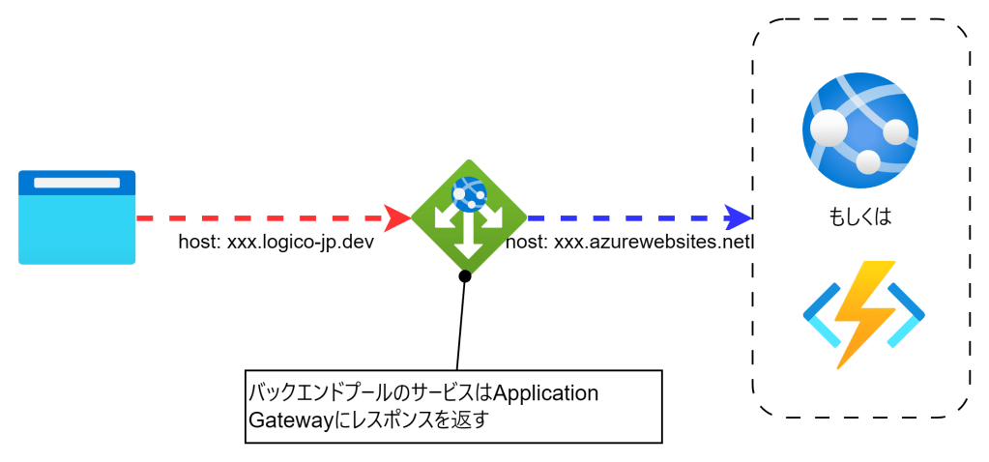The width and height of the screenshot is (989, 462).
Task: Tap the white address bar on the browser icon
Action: pos(77,183)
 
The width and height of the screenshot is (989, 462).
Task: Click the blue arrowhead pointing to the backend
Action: pos(739,217)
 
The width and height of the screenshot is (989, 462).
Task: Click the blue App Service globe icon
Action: pos(859,130)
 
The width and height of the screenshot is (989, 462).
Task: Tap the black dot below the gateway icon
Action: pos(465,277)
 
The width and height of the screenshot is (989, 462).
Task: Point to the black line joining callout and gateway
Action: pos(461,324)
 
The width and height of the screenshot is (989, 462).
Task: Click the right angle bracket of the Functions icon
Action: pos(907,315)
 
